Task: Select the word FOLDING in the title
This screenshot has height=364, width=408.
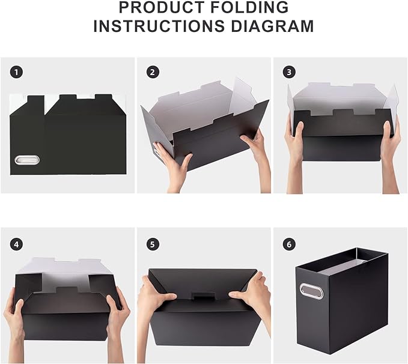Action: click(252, 8)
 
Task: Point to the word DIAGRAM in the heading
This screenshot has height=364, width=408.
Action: click(275, 26)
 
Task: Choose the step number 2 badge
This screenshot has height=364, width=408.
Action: click(153, 72)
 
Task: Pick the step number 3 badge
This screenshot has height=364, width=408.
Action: click(289, 72)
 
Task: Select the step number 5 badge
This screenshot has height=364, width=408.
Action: click(153, 244)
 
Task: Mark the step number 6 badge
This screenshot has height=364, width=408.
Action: click(289, 244)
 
